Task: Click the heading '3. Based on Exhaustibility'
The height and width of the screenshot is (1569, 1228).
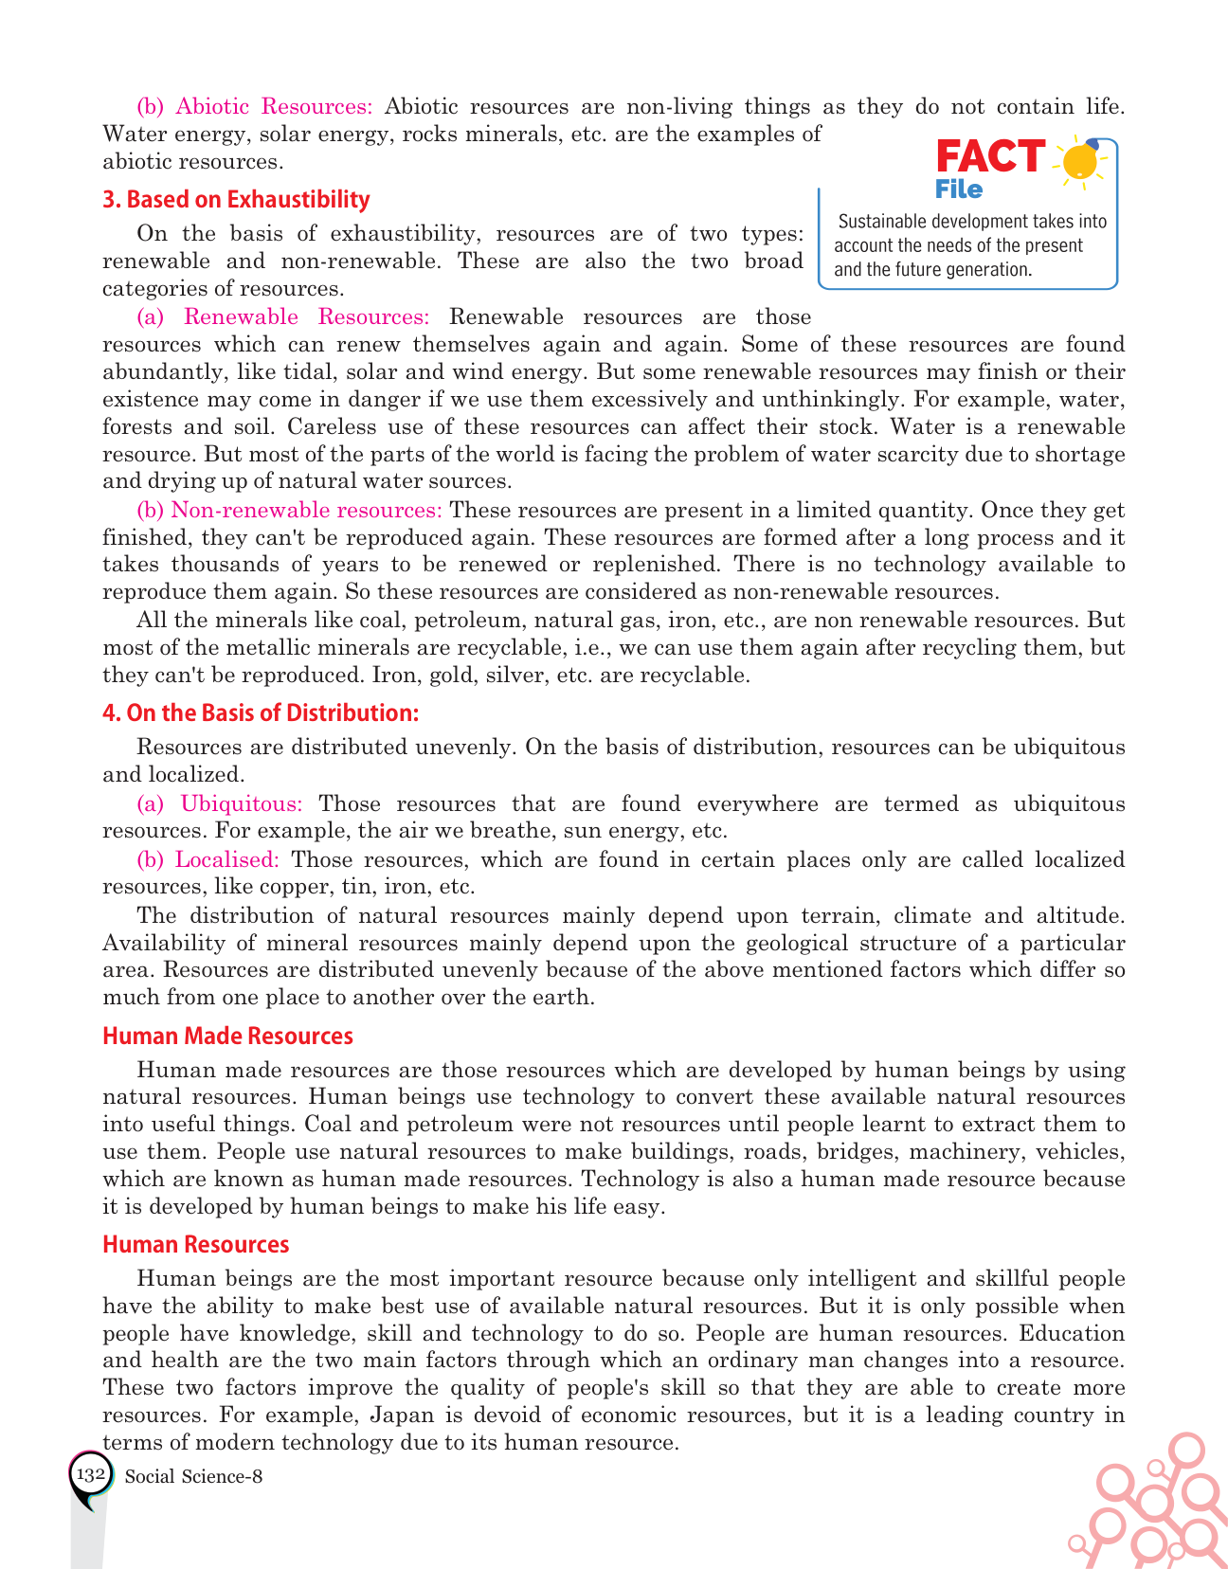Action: tap(236, 200)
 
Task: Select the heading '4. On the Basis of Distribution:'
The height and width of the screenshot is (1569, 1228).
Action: tap(261, 712)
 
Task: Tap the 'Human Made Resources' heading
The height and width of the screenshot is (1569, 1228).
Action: tap(227, 1037)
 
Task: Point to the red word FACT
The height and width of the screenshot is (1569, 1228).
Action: tap(990, 158)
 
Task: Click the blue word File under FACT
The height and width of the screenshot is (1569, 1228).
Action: tap(959, 189)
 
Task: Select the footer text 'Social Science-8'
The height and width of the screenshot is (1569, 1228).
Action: tap(193, 1476)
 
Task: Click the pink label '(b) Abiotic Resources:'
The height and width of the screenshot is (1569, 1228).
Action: tap(255, 106)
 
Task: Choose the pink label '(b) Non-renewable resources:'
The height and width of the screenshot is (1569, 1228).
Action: tap(289, 510)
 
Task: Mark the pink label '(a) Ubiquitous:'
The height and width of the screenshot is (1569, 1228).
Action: tap(220, 804)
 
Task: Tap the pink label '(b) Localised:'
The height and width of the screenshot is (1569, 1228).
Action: tap(208, 860)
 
